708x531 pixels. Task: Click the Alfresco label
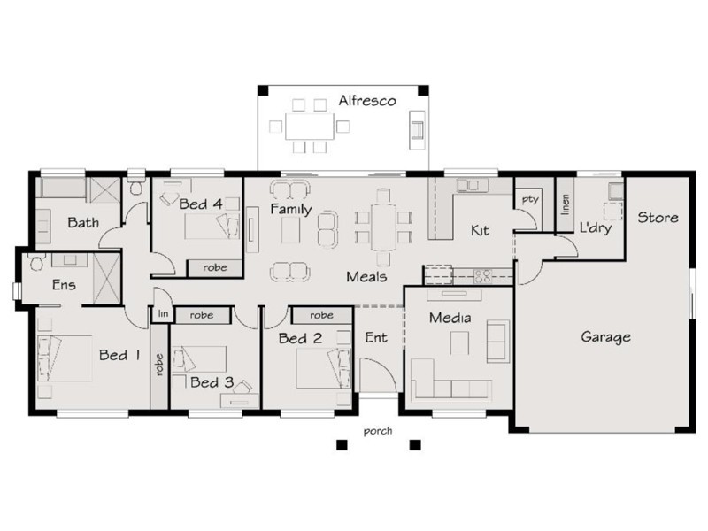click(x=366, y=102)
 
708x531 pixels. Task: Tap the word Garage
click(x=605, y=336)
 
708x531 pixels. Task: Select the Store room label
click(x=658, y=217)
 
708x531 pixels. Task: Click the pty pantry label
click(x=529, y=200)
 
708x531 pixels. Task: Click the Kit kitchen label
click(x=480, y=230)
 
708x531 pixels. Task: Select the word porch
click(x=377, y=432)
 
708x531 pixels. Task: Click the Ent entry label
click(x=375, y=337)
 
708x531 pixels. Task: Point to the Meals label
click(x=366, y=277)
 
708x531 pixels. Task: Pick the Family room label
click(x=291, y=210)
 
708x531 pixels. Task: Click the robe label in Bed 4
click(x=214, y=266)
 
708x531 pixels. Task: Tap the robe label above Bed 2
click(x=322, y=315)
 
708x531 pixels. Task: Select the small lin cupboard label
click(x=162, y=314)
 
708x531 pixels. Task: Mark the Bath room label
click(x=83, y=223)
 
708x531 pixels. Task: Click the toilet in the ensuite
click(x=36, y=263)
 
